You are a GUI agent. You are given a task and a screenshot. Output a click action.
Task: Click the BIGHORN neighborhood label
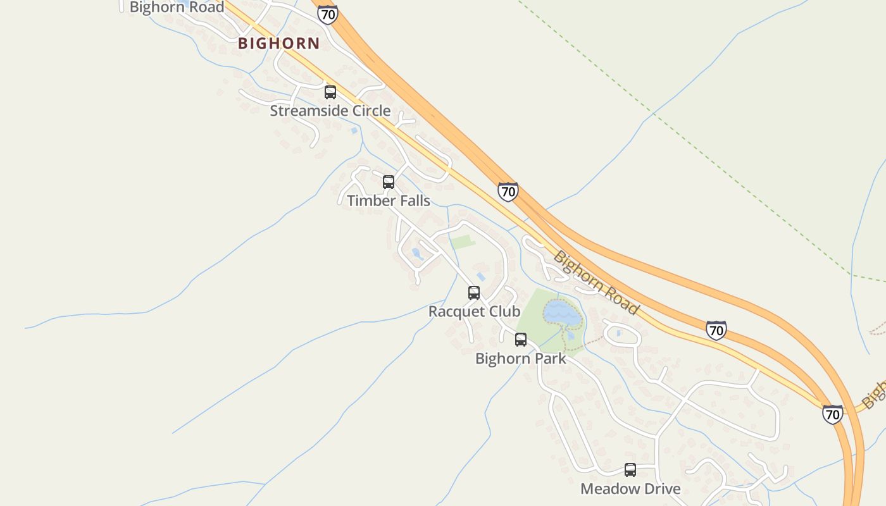tap(278, 44)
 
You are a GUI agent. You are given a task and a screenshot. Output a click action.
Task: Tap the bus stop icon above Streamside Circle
tap(330, 92)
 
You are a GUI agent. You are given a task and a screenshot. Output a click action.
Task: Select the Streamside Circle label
tap(330, 111)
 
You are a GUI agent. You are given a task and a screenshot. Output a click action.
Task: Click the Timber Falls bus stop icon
tap(389, 182)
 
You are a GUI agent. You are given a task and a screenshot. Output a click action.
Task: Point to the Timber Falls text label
tap(388, 201)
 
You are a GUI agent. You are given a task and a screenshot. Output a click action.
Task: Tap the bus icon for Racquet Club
tap(473, 293)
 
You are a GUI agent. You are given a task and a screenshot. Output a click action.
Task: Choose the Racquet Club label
tap(474, 312)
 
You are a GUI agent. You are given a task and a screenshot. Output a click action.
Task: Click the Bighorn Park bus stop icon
tap(520, 340)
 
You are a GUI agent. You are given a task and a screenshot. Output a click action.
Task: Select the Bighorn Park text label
tap(520, 359)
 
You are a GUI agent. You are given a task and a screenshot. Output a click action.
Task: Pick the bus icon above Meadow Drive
tap(630, 470)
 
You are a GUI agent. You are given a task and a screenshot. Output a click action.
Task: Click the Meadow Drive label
tap(630, 489)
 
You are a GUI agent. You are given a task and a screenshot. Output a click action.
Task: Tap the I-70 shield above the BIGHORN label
tap(327, 14)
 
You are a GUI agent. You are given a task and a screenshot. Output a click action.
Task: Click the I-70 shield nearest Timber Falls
tap(508, 191)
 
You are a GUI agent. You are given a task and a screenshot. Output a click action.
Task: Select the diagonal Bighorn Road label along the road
tap(596, 283)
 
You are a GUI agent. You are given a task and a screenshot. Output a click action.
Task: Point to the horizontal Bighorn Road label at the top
tap(177, 8)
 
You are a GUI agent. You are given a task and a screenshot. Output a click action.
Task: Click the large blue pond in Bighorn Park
tap(561, 312)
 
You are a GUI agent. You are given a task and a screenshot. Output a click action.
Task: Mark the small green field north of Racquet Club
tap(463, 242)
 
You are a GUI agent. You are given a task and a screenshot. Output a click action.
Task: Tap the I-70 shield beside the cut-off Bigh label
tap(833, 414)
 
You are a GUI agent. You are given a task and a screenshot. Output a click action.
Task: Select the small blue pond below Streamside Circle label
tap(354, 130)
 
